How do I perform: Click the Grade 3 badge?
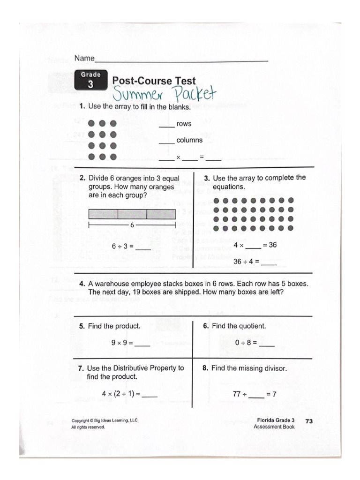coord(90,80)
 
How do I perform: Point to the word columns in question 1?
coord(189,140)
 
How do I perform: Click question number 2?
coord(82,179)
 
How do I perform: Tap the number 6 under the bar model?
coord(132,225)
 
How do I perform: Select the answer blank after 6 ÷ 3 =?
coord(143,249)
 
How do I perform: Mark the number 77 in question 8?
coord(237,394)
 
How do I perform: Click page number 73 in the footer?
coord(309,421)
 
